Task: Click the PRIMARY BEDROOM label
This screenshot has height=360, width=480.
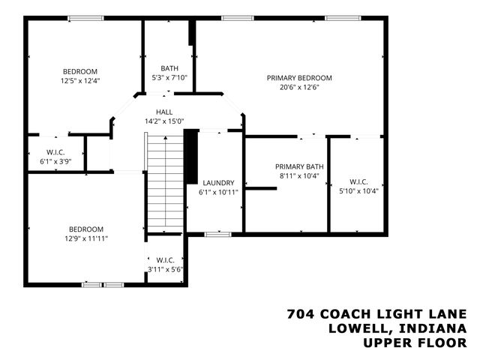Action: coord(299,77)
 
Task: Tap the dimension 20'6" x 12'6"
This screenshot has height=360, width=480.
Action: coord(299,86)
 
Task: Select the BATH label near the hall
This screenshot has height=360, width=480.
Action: coord(169,68)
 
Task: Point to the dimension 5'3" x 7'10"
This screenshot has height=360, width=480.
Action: coord(169,77)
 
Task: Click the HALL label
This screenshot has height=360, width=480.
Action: coord(163,112)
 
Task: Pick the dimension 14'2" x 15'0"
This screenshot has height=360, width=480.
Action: coord(163,121)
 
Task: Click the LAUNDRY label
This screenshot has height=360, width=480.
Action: coord(218,182)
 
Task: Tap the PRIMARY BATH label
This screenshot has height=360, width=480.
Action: coord(298,166)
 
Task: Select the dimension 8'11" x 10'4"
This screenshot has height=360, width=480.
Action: coord(298,176)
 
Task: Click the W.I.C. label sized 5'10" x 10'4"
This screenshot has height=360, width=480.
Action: coord(358,181)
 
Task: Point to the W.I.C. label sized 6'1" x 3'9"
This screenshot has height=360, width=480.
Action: coord(55,151)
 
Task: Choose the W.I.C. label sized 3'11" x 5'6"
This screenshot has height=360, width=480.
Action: coord(166,260)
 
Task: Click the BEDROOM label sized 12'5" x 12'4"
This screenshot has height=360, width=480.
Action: coord(79,71)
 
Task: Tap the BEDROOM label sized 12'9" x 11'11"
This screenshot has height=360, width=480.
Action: coord(86,229)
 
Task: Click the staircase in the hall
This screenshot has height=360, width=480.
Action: coord(165,184)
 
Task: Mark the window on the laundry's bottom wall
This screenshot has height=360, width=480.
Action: coord(217,234)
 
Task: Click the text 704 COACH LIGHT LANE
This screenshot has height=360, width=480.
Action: coord(377,313)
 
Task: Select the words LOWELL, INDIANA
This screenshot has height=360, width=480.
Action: coord(397,328)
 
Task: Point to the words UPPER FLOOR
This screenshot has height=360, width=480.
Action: coord(415,343)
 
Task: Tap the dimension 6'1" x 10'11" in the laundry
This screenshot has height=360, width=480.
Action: coord(218,192)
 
